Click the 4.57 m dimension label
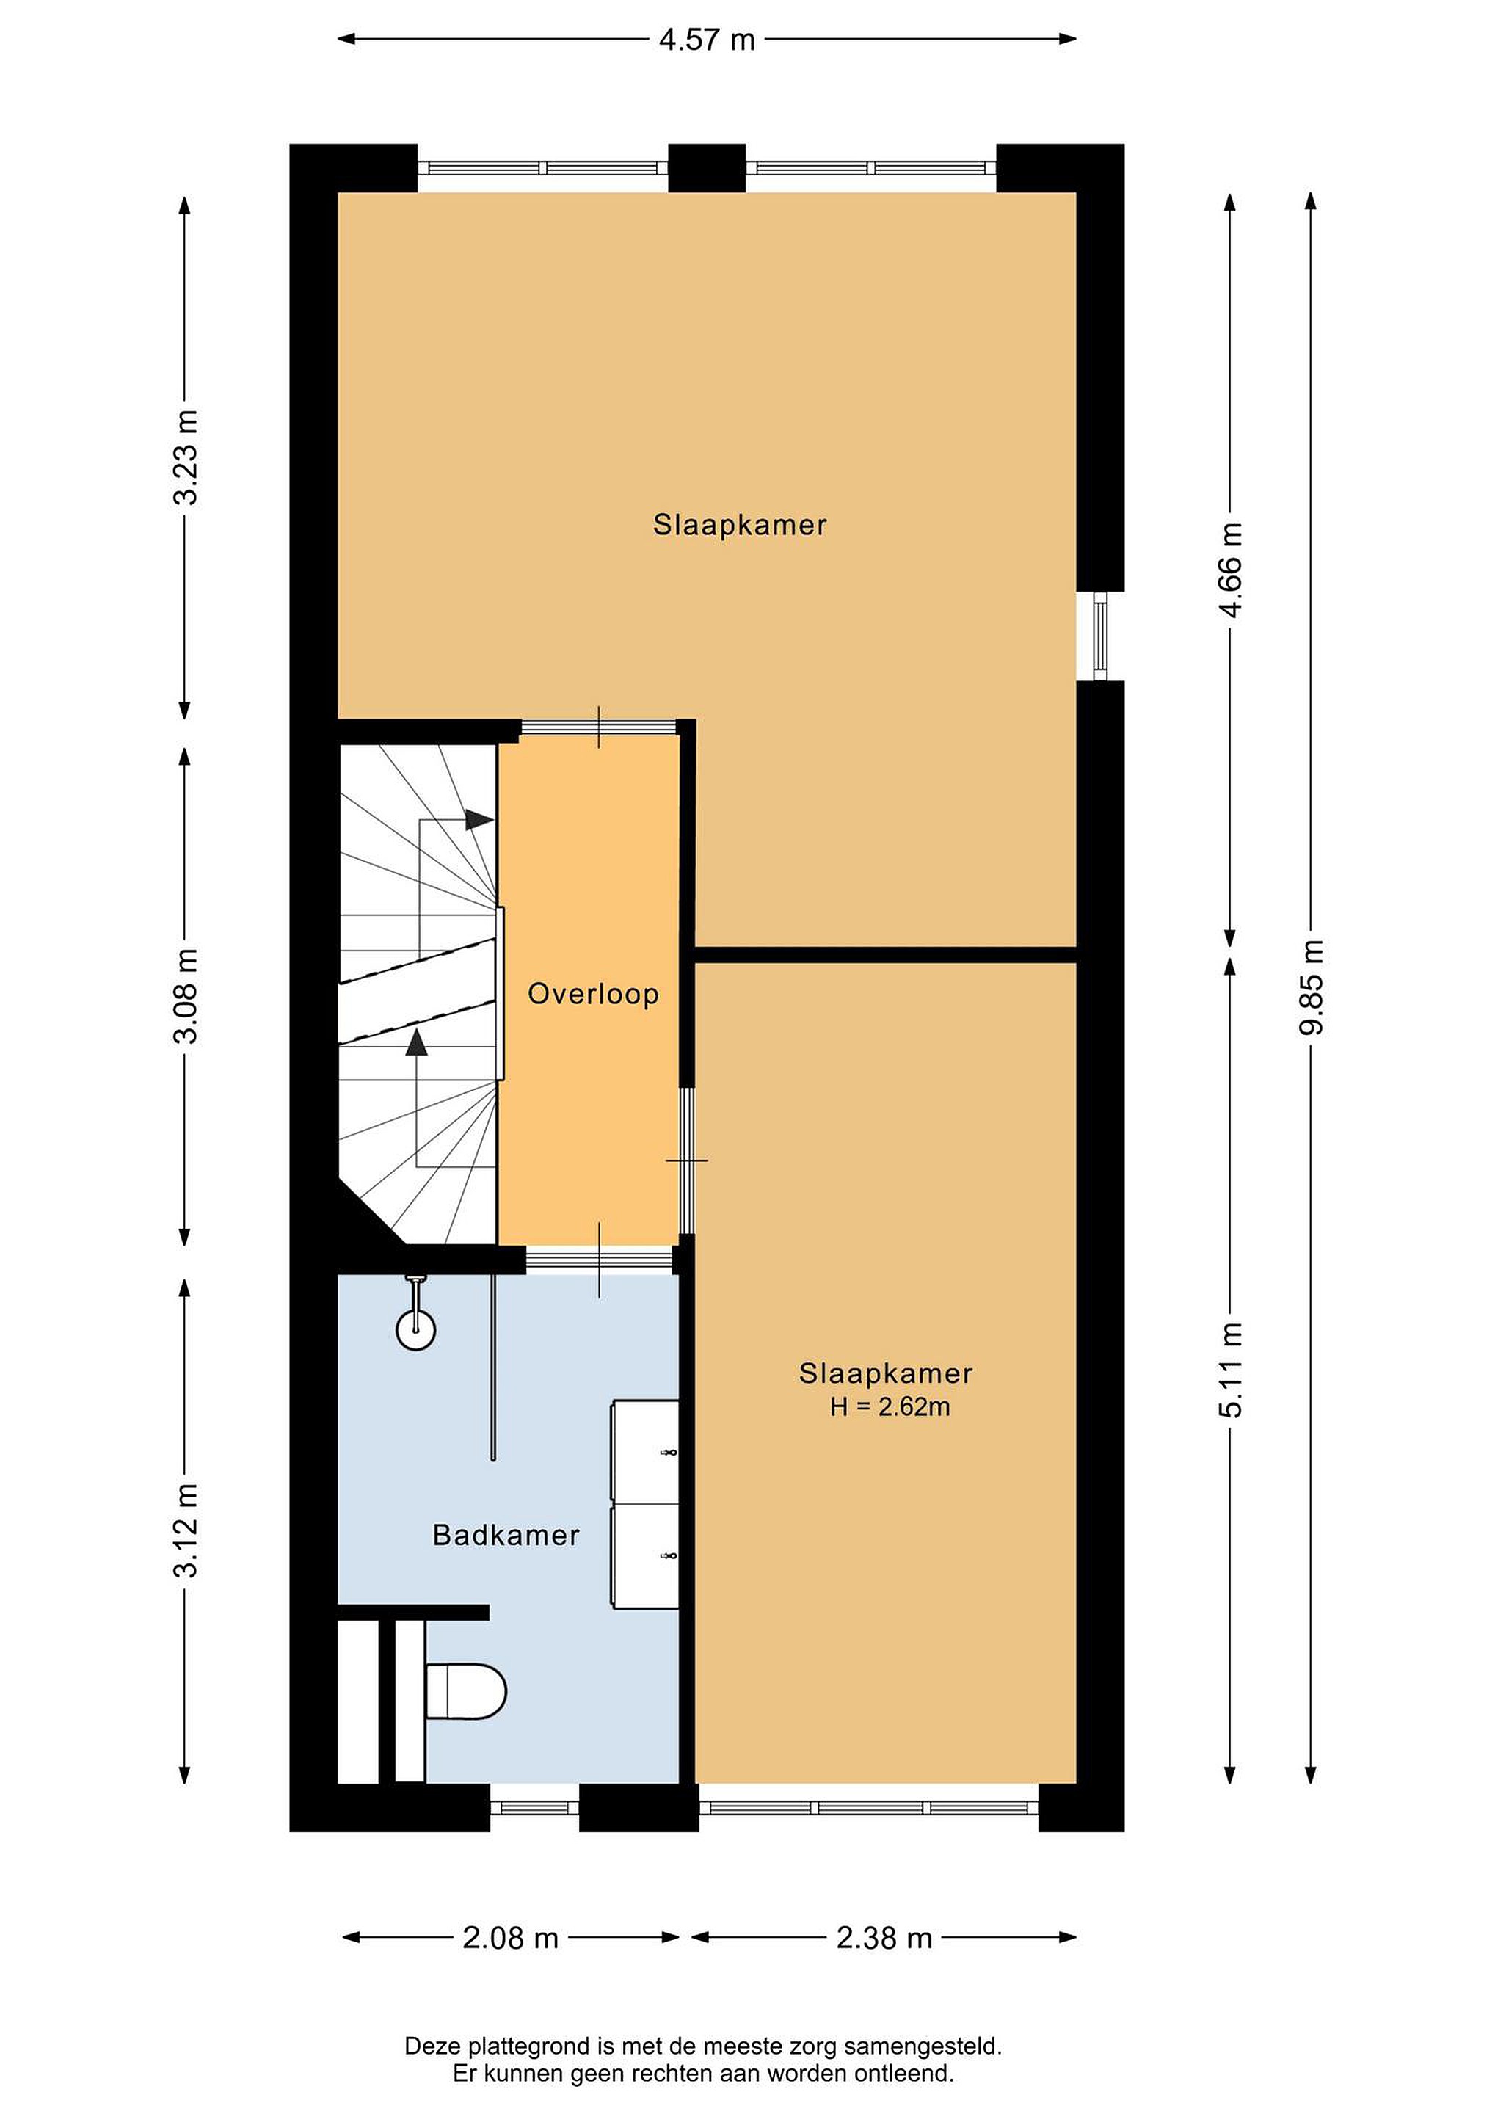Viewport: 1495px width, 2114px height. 706,40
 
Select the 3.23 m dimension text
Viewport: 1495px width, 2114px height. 185,457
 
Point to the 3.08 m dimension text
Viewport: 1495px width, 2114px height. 185,995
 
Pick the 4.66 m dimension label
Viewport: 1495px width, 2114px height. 1231,569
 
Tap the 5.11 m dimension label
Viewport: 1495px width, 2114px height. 1231,1370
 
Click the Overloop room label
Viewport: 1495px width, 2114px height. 593,995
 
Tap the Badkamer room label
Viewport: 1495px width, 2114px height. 506,1535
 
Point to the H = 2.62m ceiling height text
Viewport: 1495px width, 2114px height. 890,1406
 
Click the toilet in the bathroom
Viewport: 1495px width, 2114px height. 466,1691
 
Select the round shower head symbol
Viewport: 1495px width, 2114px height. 415,1331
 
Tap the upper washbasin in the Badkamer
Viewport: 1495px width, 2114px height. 645,1452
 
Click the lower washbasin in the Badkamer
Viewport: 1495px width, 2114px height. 645,1556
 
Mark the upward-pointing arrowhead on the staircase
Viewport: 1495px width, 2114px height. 417,1042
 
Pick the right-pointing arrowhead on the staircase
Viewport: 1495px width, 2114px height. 479,819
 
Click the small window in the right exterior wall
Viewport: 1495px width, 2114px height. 1099,636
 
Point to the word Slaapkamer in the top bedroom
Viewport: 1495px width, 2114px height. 740,525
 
